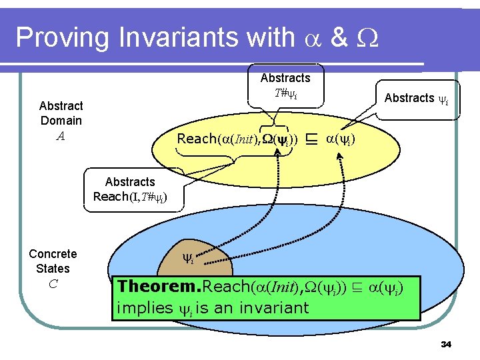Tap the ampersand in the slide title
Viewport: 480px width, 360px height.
[339, 37]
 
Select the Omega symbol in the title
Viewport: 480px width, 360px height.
[369, 38]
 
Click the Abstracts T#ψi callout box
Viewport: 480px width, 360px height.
[285, 85]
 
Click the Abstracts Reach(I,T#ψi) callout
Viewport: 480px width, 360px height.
[130, 189]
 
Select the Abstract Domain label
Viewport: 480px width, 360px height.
[61, 113]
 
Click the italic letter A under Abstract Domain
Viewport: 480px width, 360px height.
[61, 136]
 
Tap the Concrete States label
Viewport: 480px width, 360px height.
[53, 261]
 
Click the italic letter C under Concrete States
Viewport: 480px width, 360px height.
[53, 284]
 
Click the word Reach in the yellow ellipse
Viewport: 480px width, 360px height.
[197, 139]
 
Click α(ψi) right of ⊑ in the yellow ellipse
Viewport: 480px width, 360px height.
[341, 139]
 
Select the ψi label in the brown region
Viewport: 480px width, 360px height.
[189, 257]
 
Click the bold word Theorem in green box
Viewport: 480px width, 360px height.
[158, 287]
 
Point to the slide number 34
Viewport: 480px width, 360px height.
[446, 345]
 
